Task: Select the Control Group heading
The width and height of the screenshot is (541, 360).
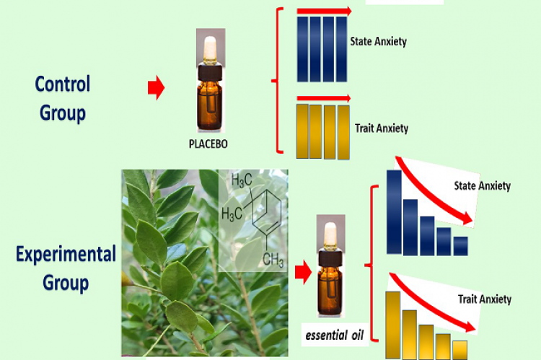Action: [62, 98]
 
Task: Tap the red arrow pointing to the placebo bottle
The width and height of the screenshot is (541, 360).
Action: [156, 89]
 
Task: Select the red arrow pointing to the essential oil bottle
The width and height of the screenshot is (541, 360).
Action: [302, 271]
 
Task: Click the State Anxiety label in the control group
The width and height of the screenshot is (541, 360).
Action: [378, 41]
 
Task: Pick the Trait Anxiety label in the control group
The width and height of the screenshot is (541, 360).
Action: [382, 128]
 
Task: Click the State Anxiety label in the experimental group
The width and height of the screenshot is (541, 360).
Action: [482, 186]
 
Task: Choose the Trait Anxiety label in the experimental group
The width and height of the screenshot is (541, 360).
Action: [485, 299]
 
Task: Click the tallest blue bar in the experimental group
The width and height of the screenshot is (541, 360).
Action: [394, 212]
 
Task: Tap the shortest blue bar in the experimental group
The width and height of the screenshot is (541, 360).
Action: [459, 245]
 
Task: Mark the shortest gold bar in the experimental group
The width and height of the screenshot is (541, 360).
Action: [459, 348]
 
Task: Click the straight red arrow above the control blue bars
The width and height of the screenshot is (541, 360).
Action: [324, 11]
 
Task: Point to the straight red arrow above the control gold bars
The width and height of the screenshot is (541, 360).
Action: [324, 98]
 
